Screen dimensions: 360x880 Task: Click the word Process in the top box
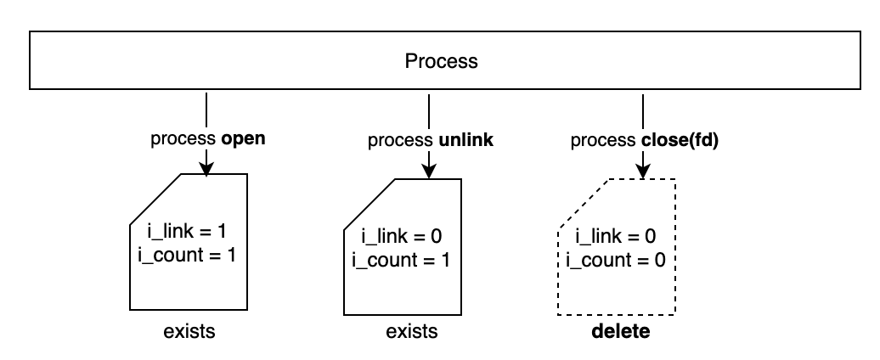(441, 61)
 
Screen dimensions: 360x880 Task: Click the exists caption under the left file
(189, 331)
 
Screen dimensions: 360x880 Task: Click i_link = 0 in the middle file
(403, 236)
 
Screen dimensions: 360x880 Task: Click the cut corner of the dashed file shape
(584, 204)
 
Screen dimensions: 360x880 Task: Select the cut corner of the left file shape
(155, 200)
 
